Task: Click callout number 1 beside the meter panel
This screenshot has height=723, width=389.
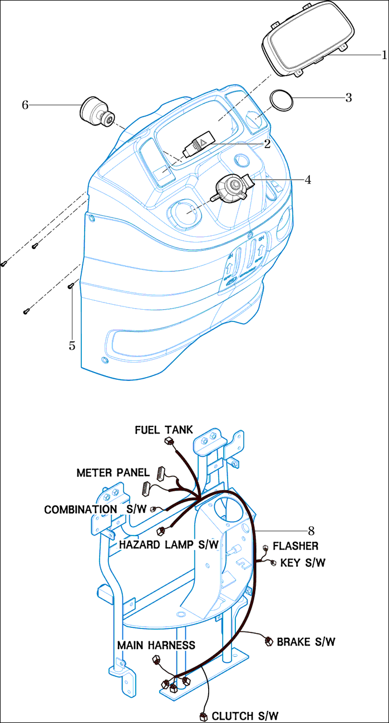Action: (384, 55)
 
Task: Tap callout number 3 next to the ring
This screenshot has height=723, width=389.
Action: (348, 98)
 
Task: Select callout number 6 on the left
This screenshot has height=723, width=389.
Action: (25, 104)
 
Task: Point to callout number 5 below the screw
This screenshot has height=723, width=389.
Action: (72, 345)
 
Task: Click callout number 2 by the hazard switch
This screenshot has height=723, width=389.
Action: (267, 144)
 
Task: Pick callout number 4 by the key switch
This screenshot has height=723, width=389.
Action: (308, 180)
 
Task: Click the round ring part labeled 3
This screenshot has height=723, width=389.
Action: (282, 100)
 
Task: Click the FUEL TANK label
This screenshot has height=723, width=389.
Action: (164, 430)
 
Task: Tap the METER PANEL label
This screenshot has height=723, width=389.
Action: (113, 473)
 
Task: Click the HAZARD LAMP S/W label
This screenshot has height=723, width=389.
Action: (169, 545)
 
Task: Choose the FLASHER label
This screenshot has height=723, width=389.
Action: (295, 546)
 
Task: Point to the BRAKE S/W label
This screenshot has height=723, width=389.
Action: (306, 641)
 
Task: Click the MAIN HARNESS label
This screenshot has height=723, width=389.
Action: (156, 645)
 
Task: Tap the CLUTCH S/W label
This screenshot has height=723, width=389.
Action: (245, 715)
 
